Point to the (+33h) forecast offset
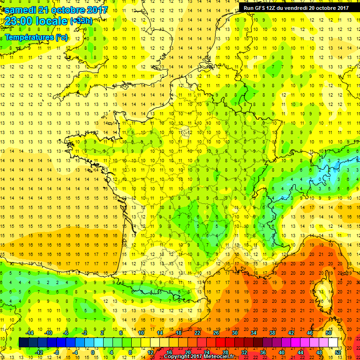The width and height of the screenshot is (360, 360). (x=81, y=21)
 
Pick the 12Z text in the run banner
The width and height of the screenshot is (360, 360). (x=271, y=7)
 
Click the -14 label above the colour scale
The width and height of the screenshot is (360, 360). (x=30, y=333)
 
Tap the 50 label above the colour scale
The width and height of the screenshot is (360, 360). (x=329, y=333)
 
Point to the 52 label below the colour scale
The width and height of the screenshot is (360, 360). (x=338, y=352)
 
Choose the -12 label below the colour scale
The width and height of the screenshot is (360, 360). (x=40, y=352)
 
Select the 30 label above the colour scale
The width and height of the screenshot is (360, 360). (x=235, y=333)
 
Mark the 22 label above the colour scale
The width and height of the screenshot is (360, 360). (x=197, y=333)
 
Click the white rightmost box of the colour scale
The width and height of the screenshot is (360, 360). (x=333, y=343)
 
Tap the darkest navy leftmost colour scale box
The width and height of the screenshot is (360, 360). (x=23, y=343)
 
